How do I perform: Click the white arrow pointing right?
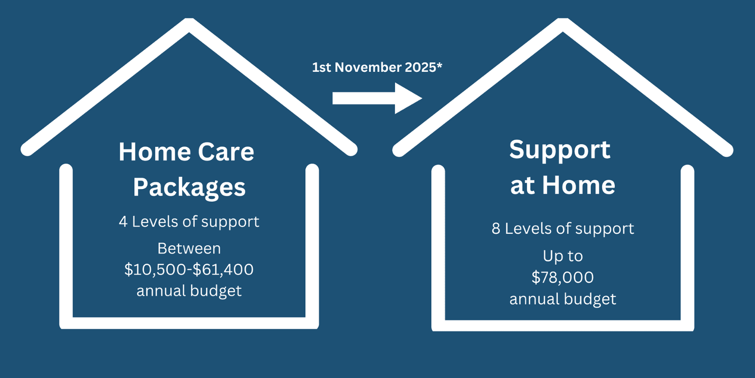377,98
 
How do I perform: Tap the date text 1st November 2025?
374,68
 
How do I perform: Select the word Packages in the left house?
189,188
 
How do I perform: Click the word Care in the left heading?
226,152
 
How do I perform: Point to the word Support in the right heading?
560,150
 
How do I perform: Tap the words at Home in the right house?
562,185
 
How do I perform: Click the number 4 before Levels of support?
123,222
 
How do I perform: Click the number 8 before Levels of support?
496,229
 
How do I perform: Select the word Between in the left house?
189,249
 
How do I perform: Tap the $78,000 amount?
562,277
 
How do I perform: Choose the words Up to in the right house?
562,257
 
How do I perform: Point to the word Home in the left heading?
155,152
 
